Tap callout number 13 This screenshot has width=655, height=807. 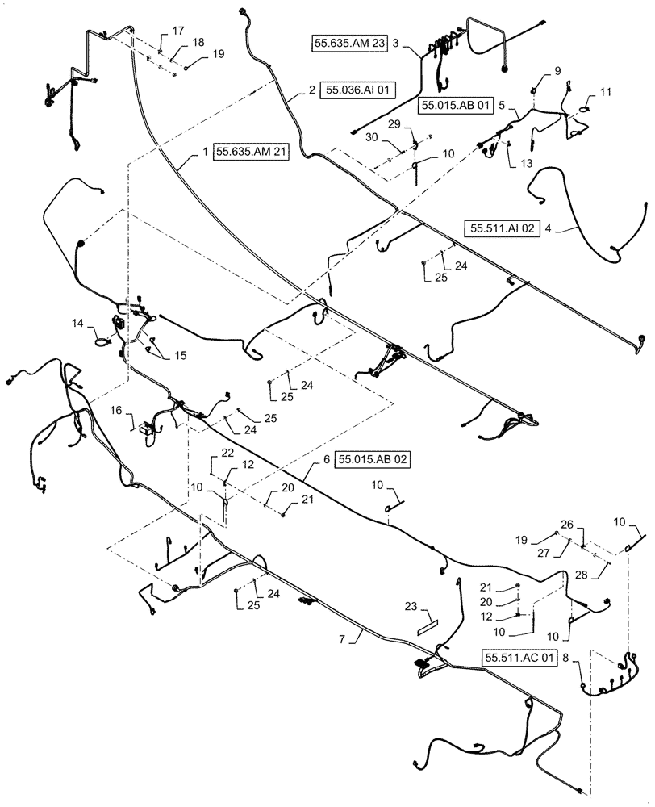(527, 163)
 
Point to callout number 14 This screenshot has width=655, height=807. (77, 323)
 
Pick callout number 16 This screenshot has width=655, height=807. (116, 411)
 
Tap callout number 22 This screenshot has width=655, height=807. (228, 453)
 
